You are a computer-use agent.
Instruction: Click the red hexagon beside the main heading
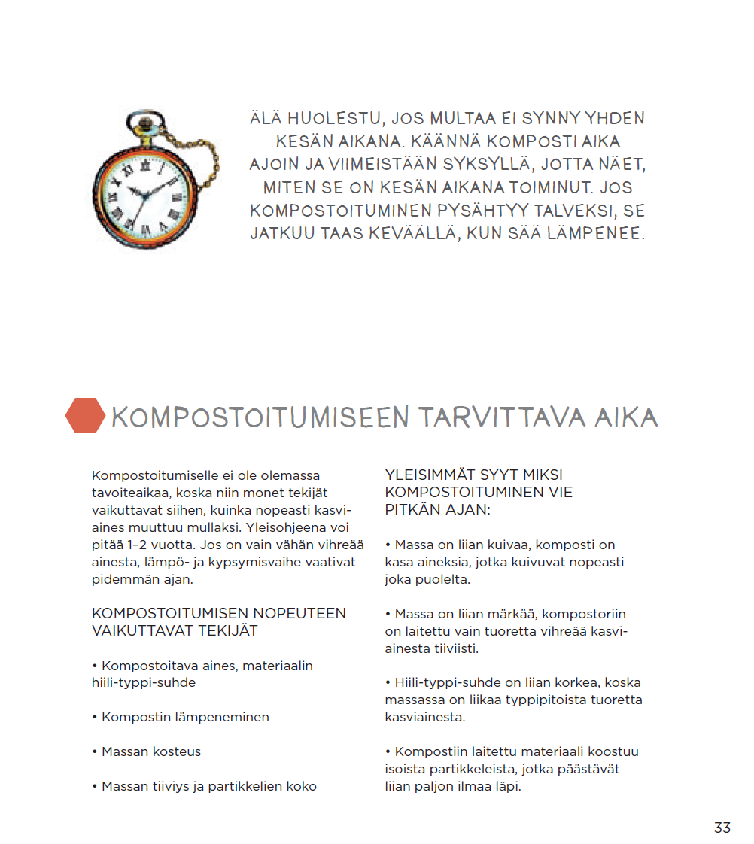tap(84, 415)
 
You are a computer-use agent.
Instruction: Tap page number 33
tap(722, 827)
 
